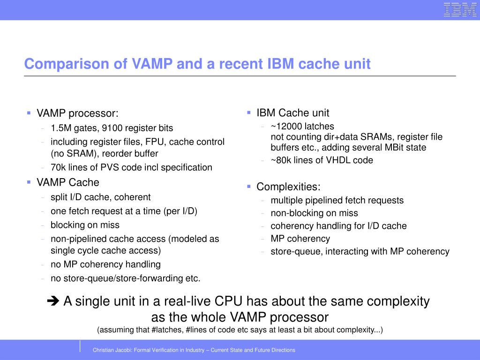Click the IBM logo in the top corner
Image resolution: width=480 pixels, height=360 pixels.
pyautogui.click(x=460, y=10)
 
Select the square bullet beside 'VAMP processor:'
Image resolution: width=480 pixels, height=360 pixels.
pyautogui.click(x=29, y=113)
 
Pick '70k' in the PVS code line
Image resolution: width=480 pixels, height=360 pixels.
pyautogui.click(x=58, y=167)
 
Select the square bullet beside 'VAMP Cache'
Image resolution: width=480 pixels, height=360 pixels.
pyautogui.click(x=29, y=182)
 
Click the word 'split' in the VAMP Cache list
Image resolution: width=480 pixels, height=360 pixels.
pyautogui.click(x=59, y=197)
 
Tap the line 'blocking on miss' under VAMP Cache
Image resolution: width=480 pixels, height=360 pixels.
pyautogui.click(x=85, y=225)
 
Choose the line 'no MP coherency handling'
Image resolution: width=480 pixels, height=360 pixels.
pyautogui.click(x=105, y=264)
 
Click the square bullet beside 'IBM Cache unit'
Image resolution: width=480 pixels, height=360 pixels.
pyautogui.click(x=249, y=112)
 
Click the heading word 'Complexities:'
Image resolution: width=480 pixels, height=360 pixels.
pyautogui.click(x=288, y=187)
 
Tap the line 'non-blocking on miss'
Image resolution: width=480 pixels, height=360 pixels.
pyautogui.click(x=314, y=213)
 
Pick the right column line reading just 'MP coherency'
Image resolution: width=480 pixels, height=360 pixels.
pyautogui.click(x=300, y=239)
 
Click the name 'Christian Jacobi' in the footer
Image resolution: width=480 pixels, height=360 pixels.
pyautogui.click(x=112, y=350)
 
